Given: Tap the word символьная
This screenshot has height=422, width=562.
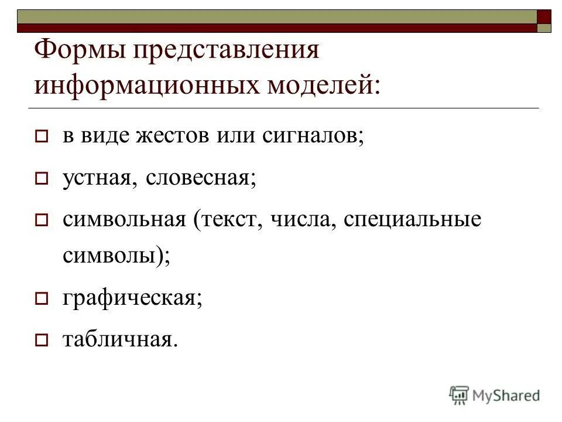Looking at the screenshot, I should [124, 220].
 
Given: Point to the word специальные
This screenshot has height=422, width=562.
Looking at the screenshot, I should [412, 220].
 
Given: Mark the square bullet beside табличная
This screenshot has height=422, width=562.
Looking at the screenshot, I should [41, 339].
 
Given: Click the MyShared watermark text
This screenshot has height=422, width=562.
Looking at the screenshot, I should [506, 396].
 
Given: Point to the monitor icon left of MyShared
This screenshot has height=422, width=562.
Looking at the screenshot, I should [460, 395].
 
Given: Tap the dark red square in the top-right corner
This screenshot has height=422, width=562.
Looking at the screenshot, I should [544, 16].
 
